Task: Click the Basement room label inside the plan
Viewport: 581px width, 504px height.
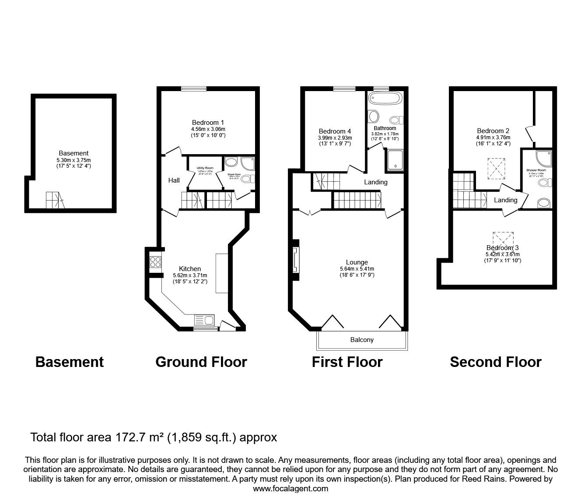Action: (x=73, y=153)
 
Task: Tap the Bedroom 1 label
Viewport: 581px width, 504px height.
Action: (x=208, y=122)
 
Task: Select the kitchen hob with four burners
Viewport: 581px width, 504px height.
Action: (x=155, y=262)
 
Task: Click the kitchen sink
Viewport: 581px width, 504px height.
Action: (x=203, y=320)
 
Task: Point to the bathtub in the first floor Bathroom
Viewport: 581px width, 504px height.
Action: (x=384, y=99)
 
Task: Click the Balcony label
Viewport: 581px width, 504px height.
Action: (x=362, y=340)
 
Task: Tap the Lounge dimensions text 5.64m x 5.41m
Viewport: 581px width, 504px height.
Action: (x=357, y=269)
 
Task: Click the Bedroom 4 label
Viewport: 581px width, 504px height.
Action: (x=335, y=131)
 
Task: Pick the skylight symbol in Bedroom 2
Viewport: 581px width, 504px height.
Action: (x=497, y=168)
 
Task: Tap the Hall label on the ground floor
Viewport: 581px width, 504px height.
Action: (x=174, y=180)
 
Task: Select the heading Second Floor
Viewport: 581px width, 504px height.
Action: (x=495, y=362)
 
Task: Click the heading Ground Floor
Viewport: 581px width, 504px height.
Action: (x=201, y=362)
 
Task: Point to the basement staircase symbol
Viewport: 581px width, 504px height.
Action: (x=55, y=201)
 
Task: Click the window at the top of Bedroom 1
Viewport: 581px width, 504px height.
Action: (x=195, y=88)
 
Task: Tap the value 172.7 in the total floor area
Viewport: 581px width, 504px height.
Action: (x=129, y=437)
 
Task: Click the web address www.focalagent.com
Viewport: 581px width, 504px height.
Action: (x=290, y=489)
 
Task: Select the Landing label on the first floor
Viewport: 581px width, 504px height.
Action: (x=375, y=182)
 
